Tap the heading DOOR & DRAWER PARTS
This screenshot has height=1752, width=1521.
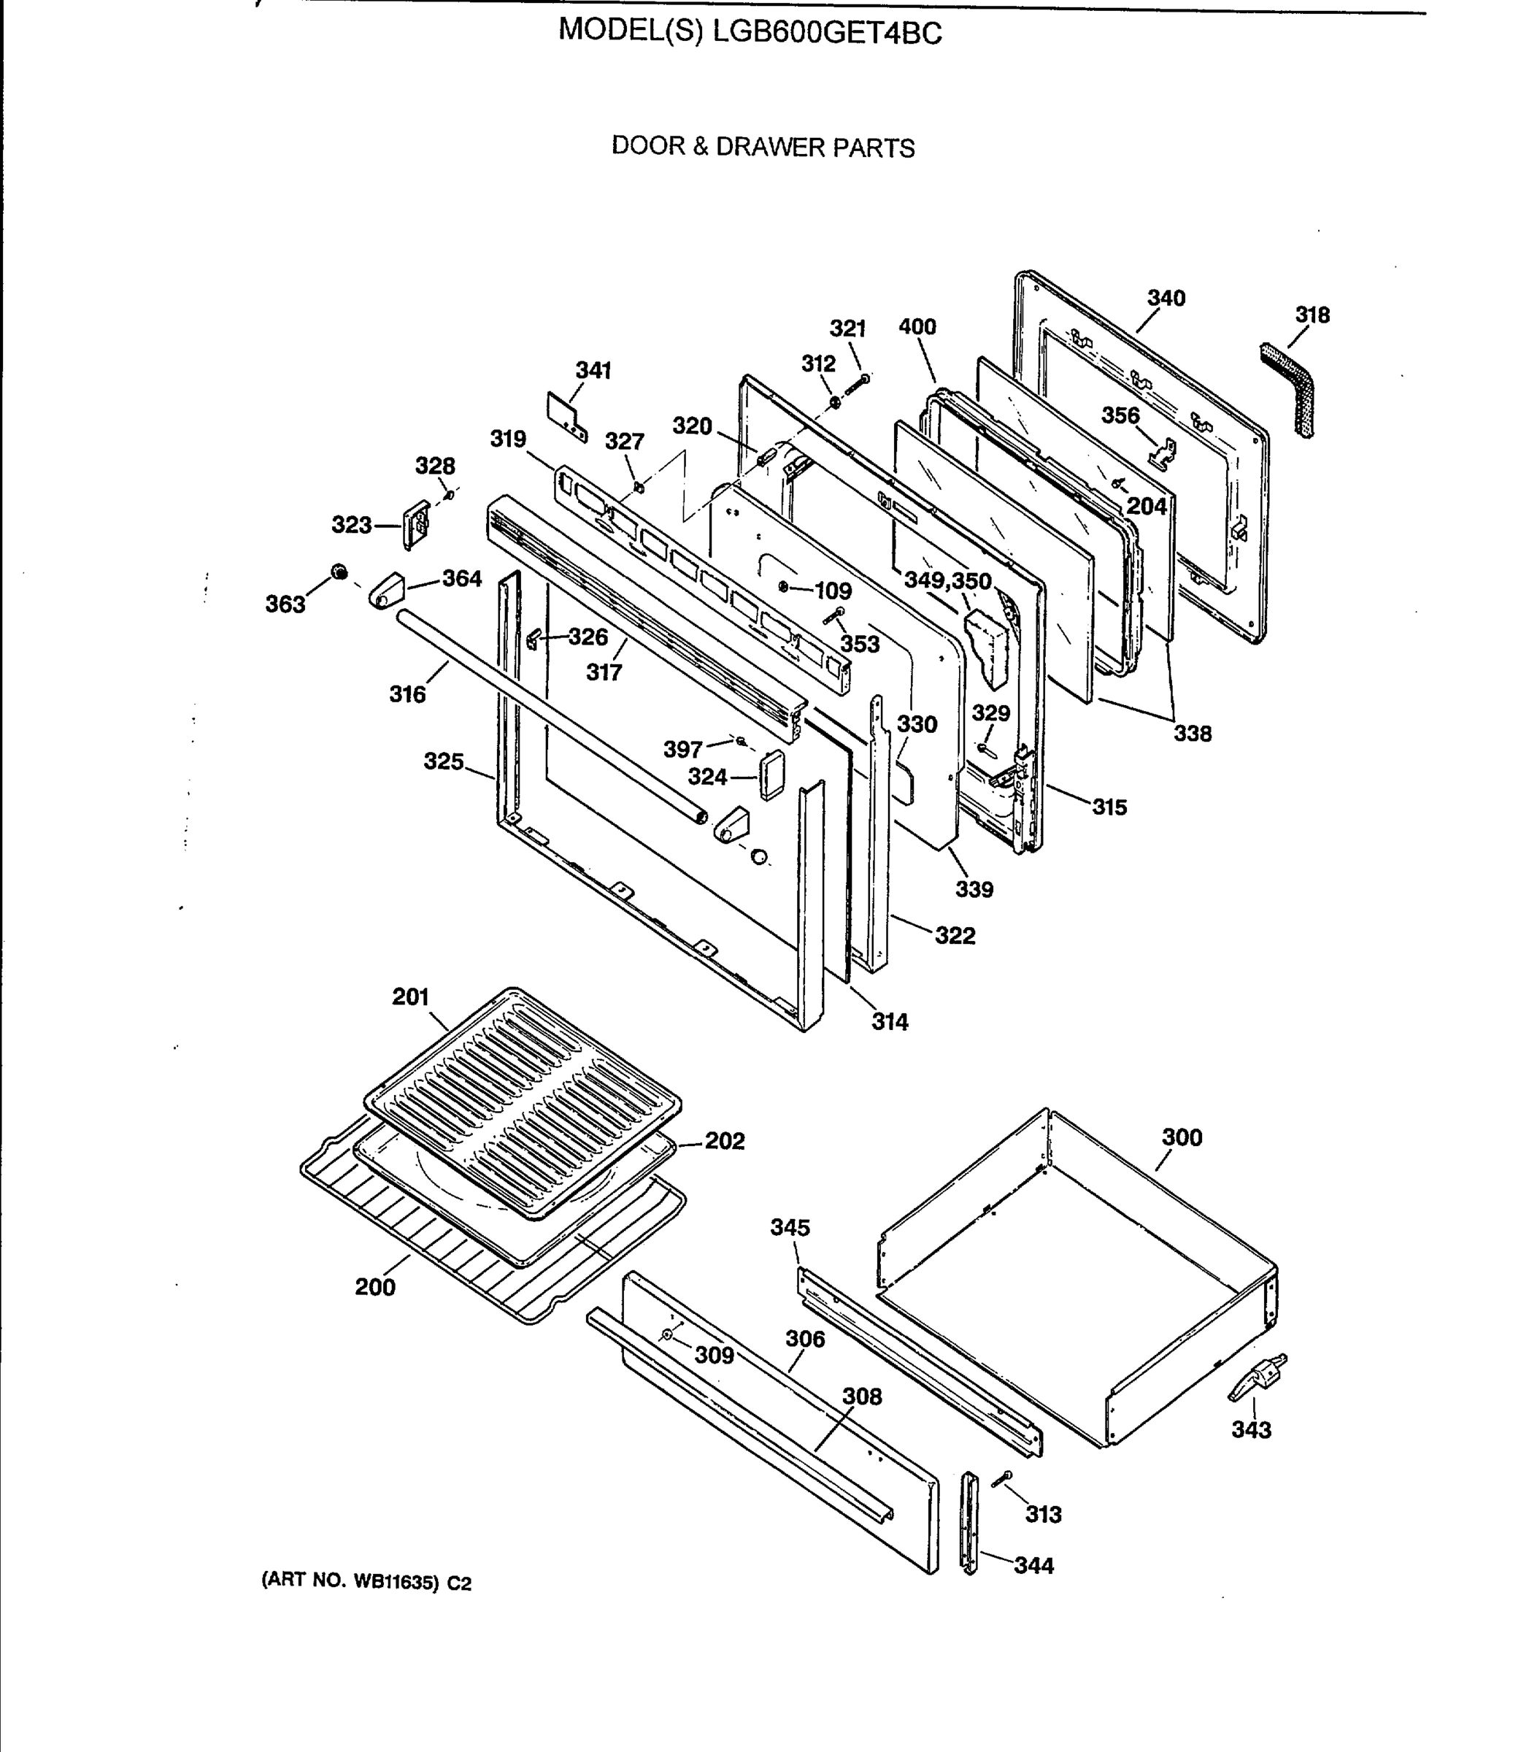coord(763,147)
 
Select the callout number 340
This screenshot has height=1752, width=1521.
coord(1166,298)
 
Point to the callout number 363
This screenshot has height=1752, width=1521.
coord(285,604)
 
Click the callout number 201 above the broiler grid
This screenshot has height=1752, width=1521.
coord(410,996)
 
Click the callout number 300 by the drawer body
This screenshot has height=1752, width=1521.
coord(1182,1137)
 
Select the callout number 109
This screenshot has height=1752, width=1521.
coord(833,591)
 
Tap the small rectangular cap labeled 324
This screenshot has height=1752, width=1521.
coord(771,774)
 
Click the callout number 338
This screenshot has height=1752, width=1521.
coord(1193,734)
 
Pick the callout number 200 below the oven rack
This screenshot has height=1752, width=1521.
coord(375,1288)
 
